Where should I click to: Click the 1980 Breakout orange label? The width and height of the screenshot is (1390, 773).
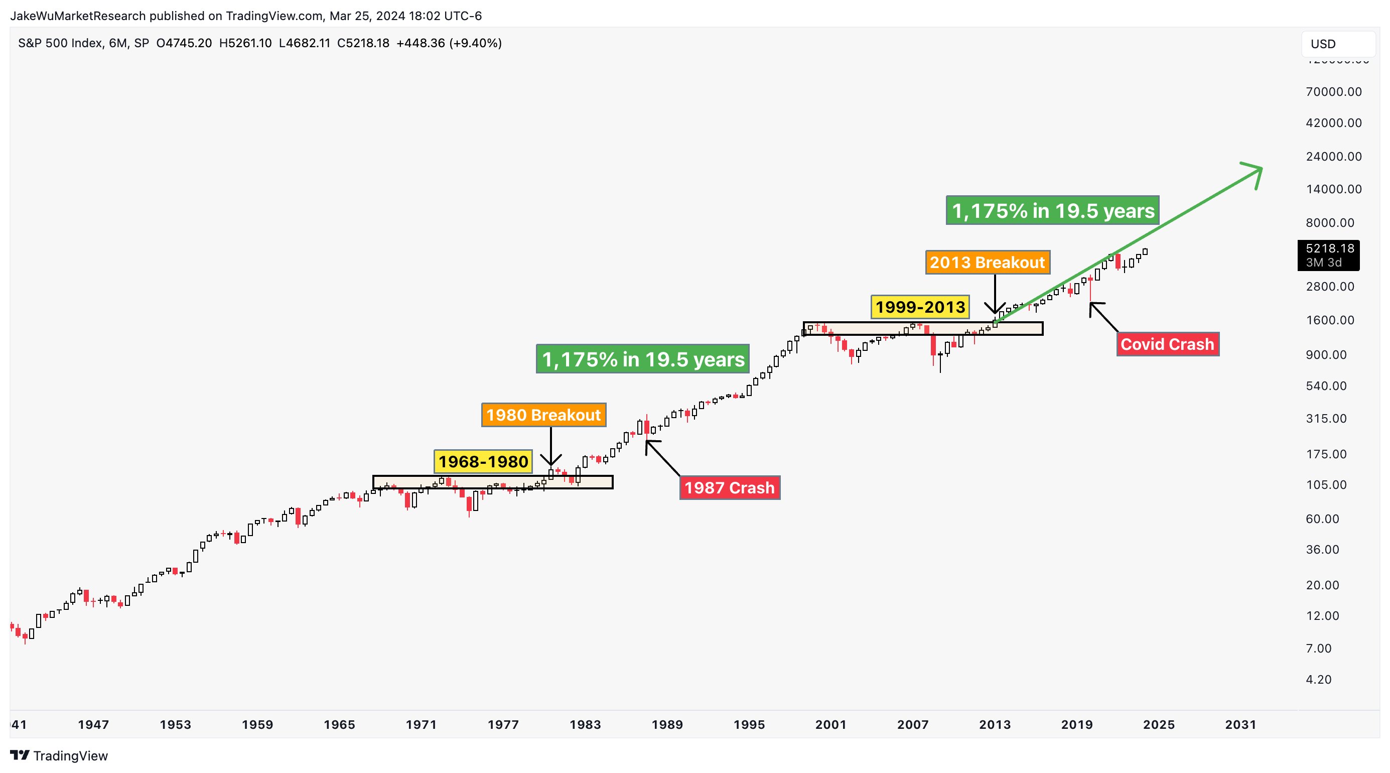point(543,415)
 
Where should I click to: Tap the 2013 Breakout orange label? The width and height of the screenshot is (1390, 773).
point(988,263)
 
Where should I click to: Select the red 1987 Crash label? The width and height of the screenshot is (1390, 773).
point(730,488)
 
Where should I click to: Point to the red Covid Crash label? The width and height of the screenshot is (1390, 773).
point(1167,344)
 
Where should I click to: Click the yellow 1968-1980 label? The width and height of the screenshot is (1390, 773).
point(483,461)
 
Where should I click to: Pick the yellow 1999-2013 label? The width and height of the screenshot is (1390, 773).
point(920,307)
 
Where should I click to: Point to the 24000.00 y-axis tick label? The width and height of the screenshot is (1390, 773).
point(1334,157)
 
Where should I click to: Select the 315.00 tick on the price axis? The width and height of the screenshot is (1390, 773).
point(1326,418)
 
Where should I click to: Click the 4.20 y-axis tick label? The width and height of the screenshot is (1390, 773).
point(1319,680)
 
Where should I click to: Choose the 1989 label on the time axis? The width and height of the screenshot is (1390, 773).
point(667,724)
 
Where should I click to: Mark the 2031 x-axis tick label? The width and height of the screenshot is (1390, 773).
point(1240,724)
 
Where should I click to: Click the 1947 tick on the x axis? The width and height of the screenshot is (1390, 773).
point(93,724)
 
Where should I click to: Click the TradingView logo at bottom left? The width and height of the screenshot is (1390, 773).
point(59,756)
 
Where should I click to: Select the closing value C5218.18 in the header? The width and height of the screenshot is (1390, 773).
point(363,43)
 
